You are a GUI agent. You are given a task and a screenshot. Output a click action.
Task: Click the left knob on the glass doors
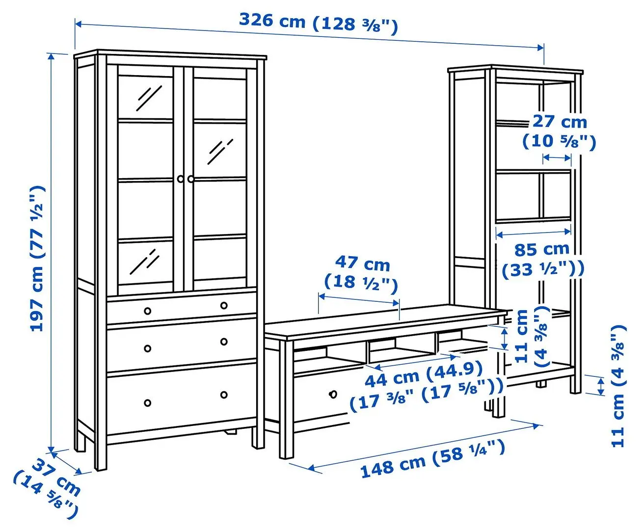180,179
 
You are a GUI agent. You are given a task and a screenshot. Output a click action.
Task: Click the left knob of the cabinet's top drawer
147,311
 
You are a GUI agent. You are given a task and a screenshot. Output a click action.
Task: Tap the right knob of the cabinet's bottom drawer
224,395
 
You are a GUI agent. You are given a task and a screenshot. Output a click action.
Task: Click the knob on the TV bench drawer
333,394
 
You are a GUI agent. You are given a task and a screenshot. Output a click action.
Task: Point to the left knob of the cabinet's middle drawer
147,349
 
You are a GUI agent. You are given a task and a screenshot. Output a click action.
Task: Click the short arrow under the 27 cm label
557,158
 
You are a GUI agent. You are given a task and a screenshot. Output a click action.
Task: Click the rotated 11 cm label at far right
617,385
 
